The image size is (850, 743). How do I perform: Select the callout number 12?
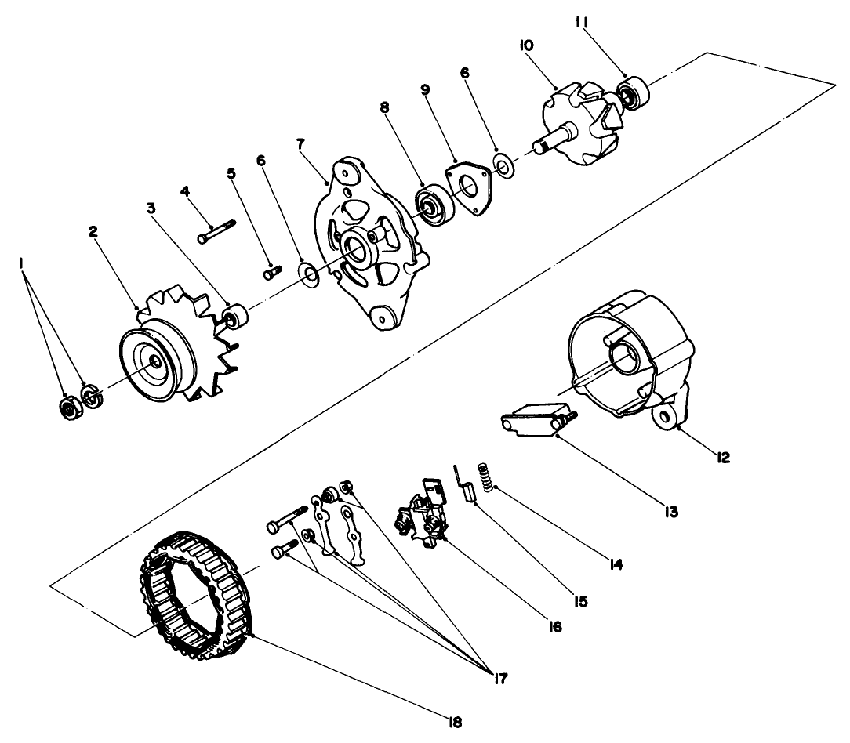point(722,456)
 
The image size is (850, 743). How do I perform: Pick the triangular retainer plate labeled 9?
point(469,190)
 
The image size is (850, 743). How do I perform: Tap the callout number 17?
point(495,678)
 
